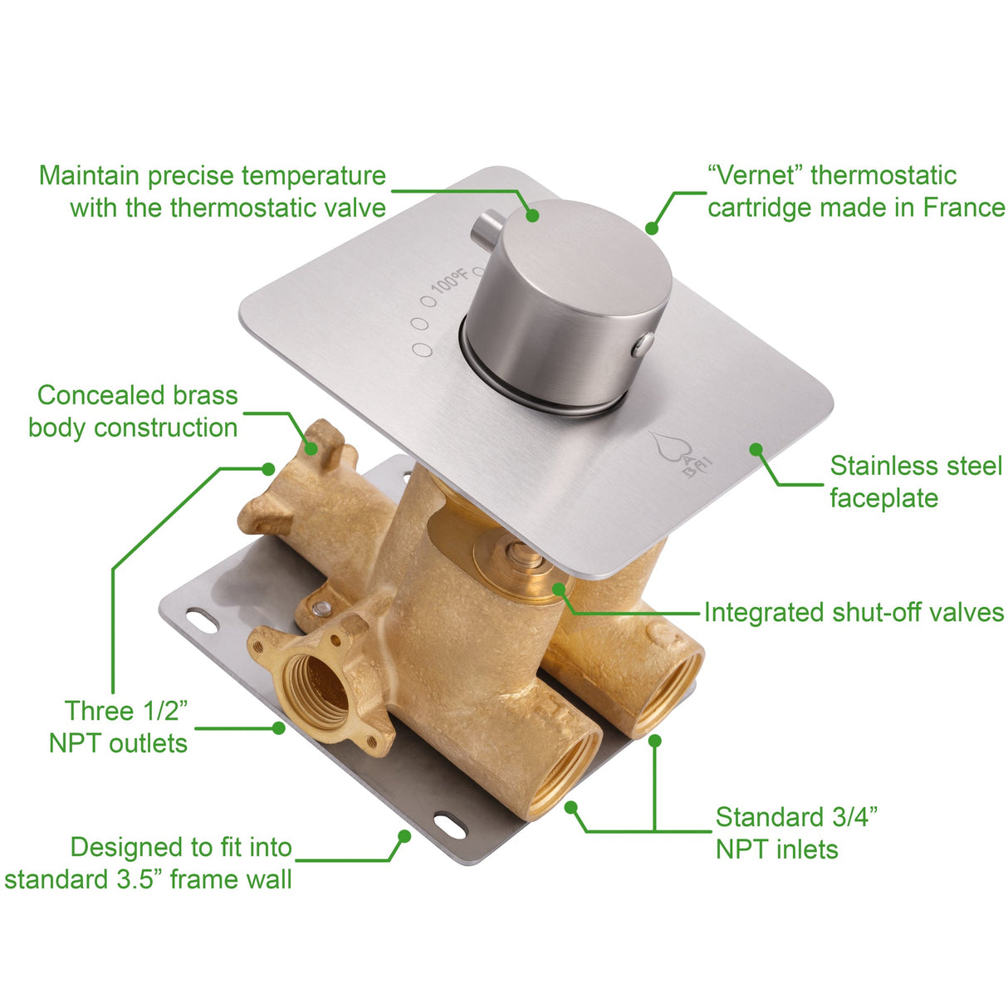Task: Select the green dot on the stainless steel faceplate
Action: [756, 449]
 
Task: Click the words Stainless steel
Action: [916, 467]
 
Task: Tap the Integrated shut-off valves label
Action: [854, 613]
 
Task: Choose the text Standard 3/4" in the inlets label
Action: [796, 818]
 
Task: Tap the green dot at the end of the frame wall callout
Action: [404, 835]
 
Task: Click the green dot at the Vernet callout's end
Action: [652, 228]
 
